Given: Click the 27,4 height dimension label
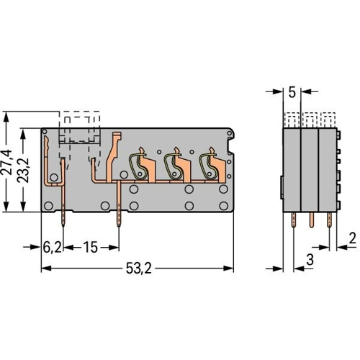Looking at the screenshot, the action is click(x=6, y=162).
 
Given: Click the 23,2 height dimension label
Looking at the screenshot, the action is click(x=24, y=170).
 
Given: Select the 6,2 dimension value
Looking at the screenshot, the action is click(x=52, y=247).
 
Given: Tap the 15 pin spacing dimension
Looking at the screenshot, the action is click(x=91, y=247).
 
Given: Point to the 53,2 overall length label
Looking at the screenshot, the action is click(x=139, y=268).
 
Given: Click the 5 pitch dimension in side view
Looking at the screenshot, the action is click(x=292, y=92).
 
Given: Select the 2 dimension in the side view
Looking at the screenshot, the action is click(x=352, y=238).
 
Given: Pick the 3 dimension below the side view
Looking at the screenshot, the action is click(x=310, y=260).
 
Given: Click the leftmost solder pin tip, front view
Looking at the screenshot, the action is click(x=63, y=226).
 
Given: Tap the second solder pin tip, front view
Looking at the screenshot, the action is click(x=119, y=226).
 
